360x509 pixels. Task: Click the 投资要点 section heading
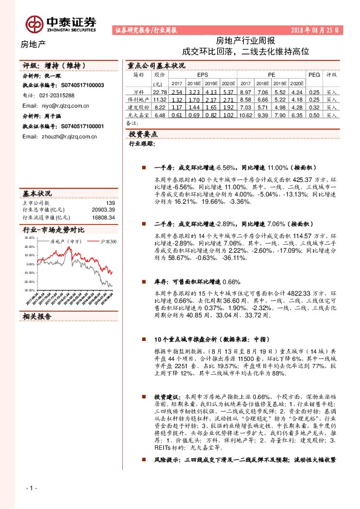click(143, 134)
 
